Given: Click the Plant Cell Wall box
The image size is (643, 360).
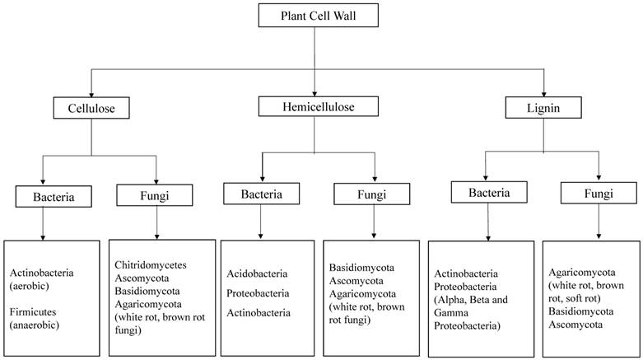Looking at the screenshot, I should click(x=317, y=16).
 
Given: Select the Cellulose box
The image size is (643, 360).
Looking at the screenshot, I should click(x=90, y=108).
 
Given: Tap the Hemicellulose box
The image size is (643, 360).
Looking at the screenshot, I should click(x=318, y=106).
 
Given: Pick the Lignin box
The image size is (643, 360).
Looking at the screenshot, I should click(x=544, y=108).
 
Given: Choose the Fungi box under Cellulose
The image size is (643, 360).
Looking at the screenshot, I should click(x=155, y=195).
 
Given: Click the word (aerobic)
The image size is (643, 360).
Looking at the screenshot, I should click(x=30, y=286).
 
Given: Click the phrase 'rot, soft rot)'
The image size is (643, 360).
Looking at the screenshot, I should click(x=580, y=298).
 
